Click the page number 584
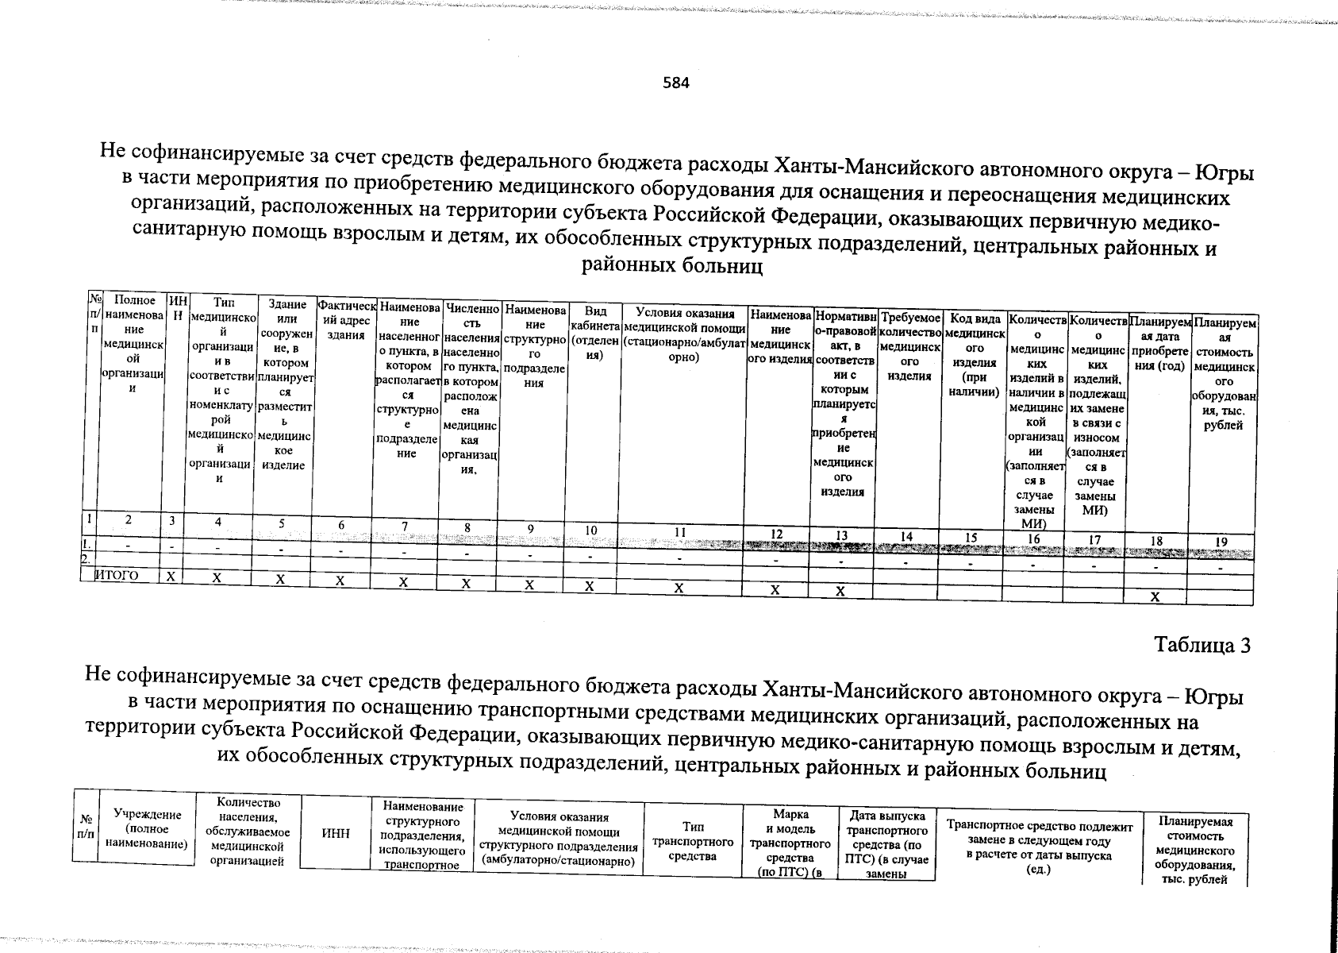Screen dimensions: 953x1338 [x=677, y=82]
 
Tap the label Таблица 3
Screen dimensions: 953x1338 [x=1203, y=645]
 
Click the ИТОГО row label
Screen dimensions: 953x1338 [x=117, y=576]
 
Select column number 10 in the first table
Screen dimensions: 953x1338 [x=590, y=531]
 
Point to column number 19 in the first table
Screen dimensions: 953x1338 [x=1222, y=542]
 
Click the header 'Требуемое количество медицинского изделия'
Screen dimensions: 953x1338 [x=909, y=347]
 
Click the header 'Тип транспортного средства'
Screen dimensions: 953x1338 [x=693, y=841]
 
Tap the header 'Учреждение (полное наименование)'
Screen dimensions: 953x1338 [x=147, y=830]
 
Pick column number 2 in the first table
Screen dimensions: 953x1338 [x=127, y=519]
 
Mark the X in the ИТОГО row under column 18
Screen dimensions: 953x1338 [x=1155, y=597]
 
